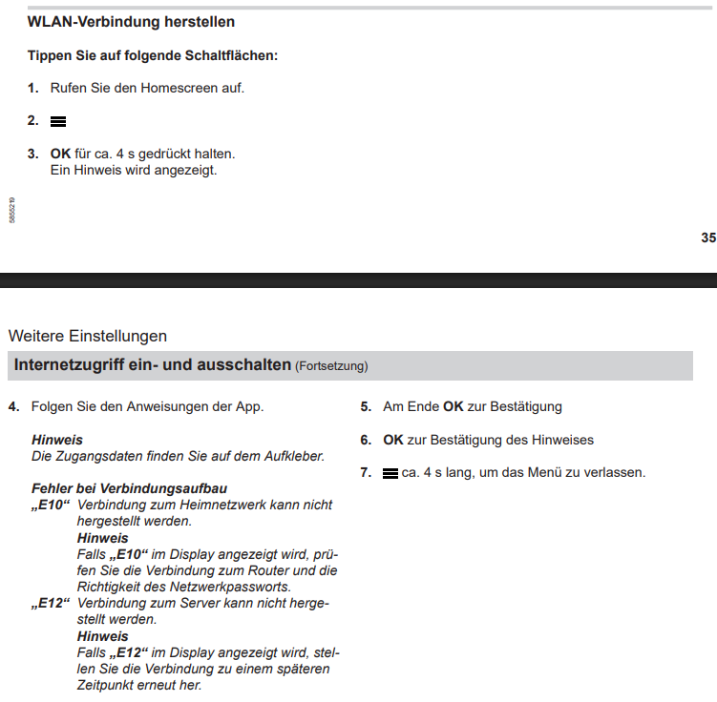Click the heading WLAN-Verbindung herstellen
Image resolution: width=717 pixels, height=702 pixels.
tap(131, 21)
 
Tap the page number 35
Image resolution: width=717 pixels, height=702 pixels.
tap(707, 237)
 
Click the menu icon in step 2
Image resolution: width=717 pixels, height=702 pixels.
tap(58, 121)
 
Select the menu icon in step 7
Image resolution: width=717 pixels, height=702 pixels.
tap(390, 473)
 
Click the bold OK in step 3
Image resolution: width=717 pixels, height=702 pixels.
tap(61, 153)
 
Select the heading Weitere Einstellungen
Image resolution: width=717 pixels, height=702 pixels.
tap(87, 336)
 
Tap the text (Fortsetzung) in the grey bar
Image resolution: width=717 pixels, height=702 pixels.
tap(331, 366)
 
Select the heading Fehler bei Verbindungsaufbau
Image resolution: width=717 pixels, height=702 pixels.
tap(129, 488)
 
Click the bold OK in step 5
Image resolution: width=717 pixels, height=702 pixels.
tap(453, 406)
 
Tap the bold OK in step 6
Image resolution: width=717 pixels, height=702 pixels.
tap(393, 440)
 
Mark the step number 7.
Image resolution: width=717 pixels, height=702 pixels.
tap(365, 473)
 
